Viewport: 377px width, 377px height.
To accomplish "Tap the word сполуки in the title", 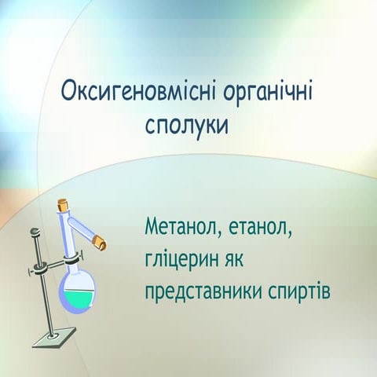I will tap(186, 125).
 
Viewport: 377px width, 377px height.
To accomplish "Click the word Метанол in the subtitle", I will tap(181, 230).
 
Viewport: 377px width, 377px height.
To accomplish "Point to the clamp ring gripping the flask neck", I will tap(72, 257).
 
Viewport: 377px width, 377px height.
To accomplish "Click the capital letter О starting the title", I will tap(69, 92).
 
